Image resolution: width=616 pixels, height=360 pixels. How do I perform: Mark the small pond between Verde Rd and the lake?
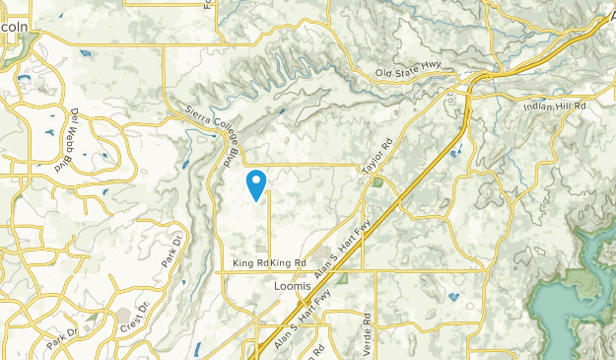point(452,296)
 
